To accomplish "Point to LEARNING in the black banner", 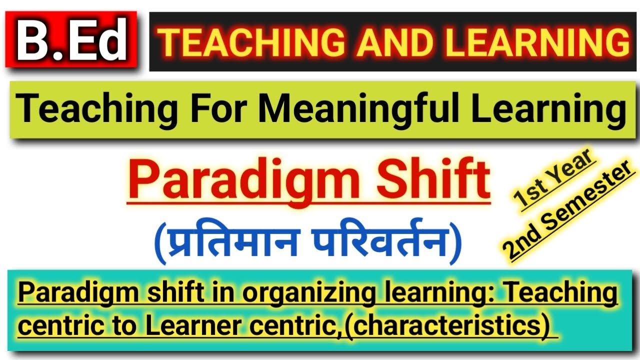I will click(x=537, y=42).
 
